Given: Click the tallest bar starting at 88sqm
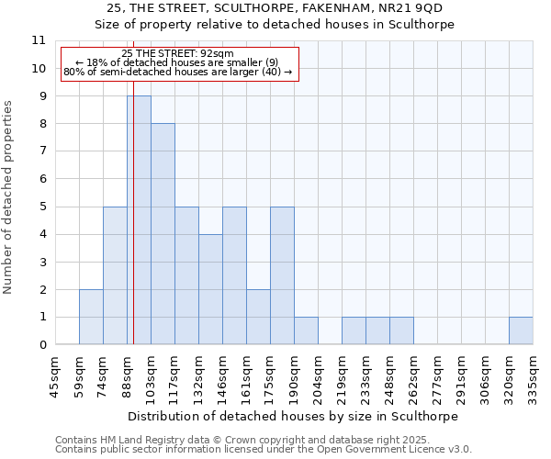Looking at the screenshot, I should pyautogui.click(x=139, y=220).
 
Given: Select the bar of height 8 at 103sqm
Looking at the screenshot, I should pyautogui.click(x=163, y=234).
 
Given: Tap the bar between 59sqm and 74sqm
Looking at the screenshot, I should pyautogui.click(x=91, y=317).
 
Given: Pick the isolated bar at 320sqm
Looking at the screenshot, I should pyautogui.click(x=521, y=330).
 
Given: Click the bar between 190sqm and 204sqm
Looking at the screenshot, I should pyautogui.click(x=306, y=330).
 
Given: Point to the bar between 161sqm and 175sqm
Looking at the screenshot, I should pyautogui.click(x=258, y=317).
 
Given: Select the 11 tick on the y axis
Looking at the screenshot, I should pyautogui.click(x=38, y=40).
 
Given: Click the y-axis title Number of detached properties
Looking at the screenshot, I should pyautogui.click(x=9, y=197).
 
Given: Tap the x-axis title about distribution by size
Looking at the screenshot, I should pyautogui.click(x=293, y=416).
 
